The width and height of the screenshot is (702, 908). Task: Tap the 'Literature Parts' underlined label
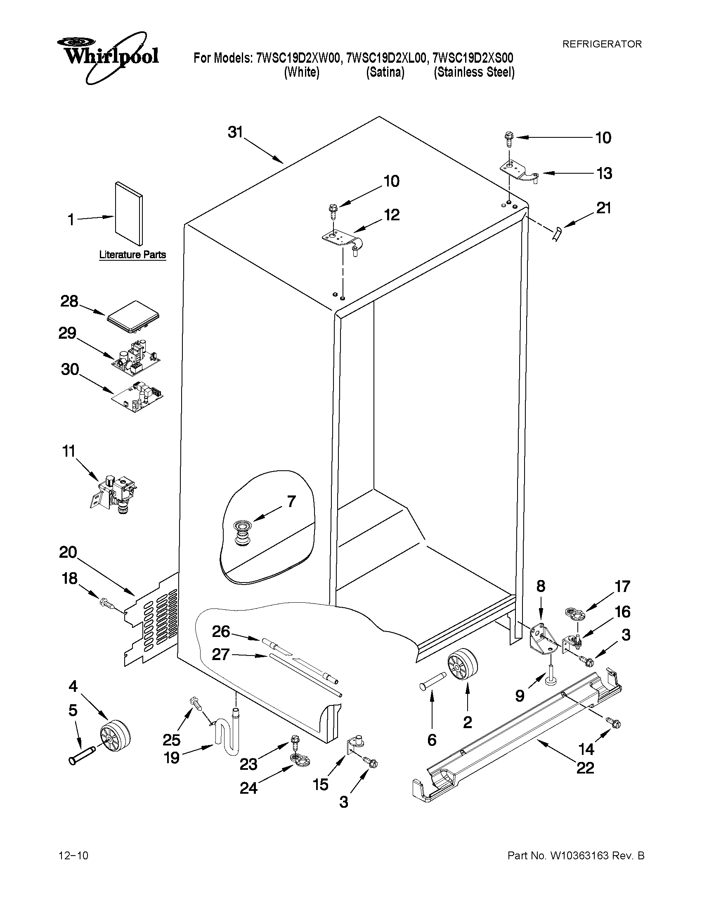(132, 255)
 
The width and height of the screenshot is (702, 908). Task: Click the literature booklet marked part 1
(129, 213)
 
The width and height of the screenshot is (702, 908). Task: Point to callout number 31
(235, 132)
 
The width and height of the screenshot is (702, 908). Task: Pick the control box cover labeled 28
(133, 317)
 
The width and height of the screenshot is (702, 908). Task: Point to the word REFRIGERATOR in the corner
(602, 44)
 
